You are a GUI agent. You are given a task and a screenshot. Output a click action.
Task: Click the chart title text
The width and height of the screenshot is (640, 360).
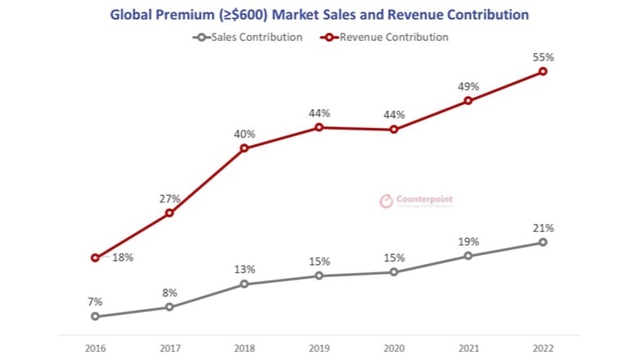point(319,15)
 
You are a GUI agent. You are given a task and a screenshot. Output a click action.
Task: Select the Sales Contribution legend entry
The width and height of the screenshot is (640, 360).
point(247,37)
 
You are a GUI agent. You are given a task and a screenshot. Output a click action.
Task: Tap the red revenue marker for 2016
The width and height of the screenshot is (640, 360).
point(95,257)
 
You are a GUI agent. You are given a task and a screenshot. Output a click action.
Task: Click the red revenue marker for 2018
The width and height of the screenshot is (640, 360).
point(245,148)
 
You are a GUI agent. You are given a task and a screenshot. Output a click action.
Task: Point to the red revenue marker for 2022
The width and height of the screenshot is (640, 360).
point(543,71)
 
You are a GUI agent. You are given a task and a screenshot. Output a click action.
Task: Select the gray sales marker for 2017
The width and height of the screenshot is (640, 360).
point(170,308)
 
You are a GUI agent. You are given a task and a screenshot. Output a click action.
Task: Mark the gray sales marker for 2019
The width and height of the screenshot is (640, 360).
point(319,276)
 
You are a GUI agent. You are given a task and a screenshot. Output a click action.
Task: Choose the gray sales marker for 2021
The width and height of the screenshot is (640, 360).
point(469,256)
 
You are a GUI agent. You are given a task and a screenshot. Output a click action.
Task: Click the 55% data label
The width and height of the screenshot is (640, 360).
point(543,57)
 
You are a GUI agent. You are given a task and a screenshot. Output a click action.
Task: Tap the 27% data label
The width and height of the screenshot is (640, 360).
point(170,198)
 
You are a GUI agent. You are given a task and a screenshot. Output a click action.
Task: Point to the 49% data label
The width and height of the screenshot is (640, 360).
point(469,86)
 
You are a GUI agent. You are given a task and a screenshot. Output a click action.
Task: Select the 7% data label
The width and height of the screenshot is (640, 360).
point(95,302)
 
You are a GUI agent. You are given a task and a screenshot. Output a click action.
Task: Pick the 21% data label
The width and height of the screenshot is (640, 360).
point(543,228)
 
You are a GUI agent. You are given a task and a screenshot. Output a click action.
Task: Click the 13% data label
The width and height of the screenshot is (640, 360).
point(245,269)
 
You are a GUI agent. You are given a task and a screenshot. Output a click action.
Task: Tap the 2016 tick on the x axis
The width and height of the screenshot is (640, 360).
point(95,348)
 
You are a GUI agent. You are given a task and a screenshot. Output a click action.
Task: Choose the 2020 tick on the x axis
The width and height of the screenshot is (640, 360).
point(394,348)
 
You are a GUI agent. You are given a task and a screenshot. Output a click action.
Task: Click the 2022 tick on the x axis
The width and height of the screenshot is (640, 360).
point(543,348)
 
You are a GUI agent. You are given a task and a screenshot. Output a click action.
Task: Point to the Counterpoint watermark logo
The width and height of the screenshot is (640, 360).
point(416,201)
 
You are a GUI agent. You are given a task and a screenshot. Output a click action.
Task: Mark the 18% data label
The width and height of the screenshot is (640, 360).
point(123,257)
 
